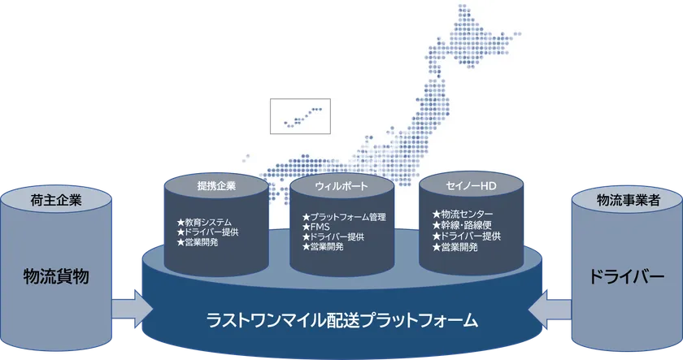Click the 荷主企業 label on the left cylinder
pos(56,200)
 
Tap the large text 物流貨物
pos(56,276)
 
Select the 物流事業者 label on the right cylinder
pos(628,200)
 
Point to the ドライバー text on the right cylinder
pos(627,277)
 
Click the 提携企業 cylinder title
pos(216,186)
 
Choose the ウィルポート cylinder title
pos(341,186)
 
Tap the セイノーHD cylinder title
pos(471,186)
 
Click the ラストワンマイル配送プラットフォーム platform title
pos(342,320)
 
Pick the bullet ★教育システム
pos(204,223)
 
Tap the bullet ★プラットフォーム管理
pos(344,217)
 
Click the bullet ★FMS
pos(315,227)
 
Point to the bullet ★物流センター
pos(463,215)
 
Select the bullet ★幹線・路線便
pos(462,225)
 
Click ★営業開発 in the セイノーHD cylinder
pos(455,247)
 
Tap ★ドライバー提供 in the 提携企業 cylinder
pos(208,232)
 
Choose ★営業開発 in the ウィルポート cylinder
pos(323,247)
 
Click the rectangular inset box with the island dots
pos(300,116)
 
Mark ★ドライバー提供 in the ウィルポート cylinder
pos(333,236)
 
